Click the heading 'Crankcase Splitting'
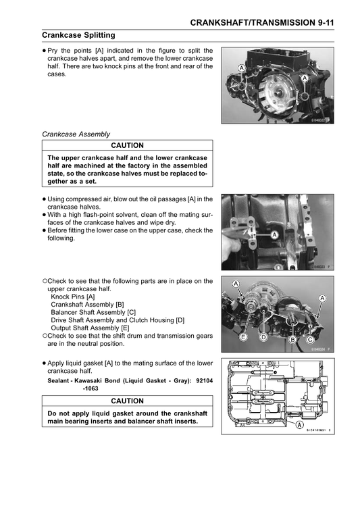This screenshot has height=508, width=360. coord(78,35)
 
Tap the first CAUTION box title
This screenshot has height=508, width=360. coord(128,145)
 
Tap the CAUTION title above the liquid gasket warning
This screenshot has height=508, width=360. coord(128,400)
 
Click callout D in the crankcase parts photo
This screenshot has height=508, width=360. coord(264,336)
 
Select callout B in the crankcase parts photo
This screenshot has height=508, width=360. coord(292,339)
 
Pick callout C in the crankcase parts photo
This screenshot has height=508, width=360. coord(309,339)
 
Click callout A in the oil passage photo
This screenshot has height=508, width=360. coord(275,235)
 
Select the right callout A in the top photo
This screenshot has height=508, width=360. coord(305,78)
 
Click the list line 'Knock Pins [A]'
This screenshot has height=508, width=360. coord(73,297)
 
